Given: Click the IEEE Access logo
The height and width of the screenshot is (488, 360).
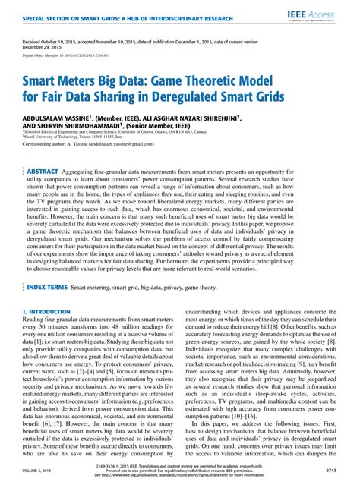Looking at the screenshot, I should [328, 15].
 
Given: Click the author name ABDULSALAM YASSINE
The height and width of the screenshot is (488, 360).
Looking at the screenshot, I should [58, 118].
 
